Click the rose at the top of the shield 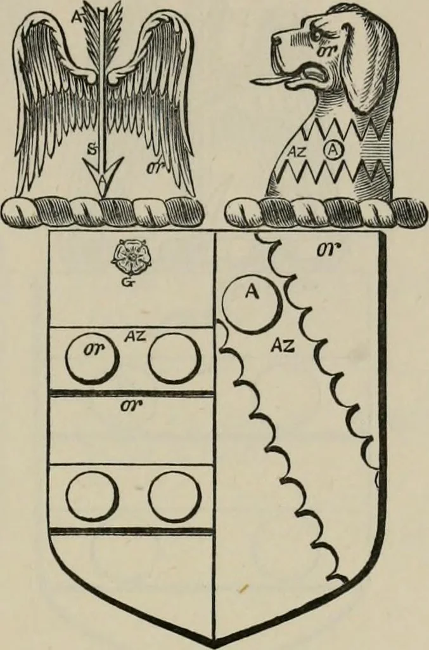(x=131, y=258)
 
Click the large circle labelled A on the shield (x=250, y=304)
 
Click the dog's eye (x=317, y=36)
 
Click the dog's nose (x=276, y=38)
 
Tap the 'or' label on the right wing (x=155, y=167)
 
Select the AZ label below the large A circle (x=283, y=345)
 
